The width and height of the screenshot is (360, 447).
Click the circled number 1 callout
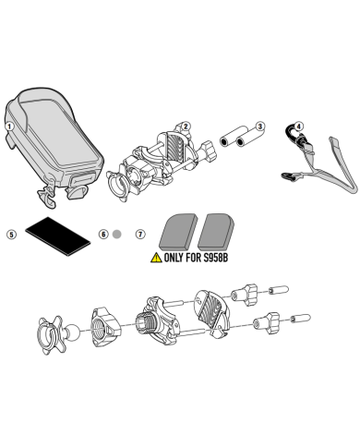click(x=10, y=127)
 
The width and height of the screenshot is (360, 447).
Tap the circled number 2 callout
click(x=186, y=127)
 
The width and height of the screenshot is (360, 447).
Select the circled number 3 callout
click(x=260, y=127)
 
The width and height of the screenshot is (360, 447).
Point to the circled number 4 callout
click(x=299, y=127)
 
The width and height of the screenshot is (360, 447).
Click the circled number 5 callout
click(x=11, y=235)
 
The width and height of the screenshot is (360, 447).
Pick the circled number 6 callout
click(x=103, y=235)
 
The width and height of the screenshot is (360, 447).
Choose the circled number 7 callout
click(x=140, y=235)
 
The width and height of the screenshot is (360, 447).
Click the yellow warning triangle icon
click(x=156, y=258)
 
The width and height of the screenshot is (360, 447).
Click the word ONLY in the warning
click(x=174, y=258)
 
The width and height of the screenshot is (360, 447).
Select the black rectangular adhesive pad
click(x=57, y=236)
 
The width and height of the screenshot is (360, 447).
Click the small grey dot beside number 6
click(x=117, y=235)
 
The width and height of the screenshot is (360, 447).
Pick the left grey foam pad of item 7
click(x=178, y=232)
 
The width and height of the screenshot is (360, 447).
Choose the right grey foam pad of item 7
click(x=216, y=232)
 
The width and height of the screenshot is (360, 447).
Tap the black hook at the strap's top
click(x=291, y=133)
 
